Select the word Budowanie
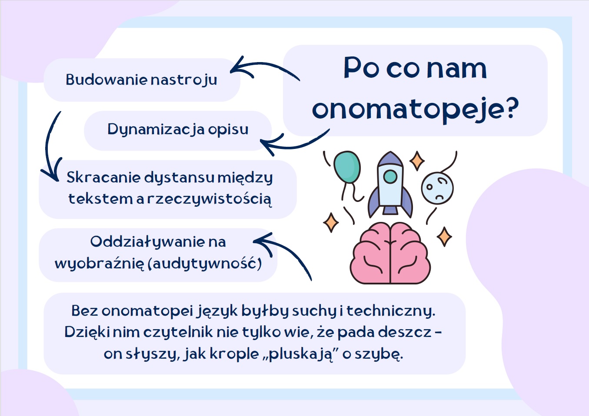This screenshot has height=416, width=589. coord(106,79)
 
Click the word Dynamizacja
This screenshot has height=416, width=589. coord(156,130)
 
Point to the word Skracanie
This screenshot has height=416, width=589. coord(103,177)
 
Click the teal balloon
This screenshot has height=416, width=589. coord(347,168)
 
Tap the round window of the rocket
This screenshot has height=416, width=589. coord(390,176)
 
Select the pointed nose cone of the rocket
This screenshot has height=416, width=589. coord(390,158)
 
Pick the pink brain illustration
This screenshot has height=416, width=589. coord(390,253)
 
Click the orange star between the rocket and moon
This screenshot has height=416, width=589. coord(417,161)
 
